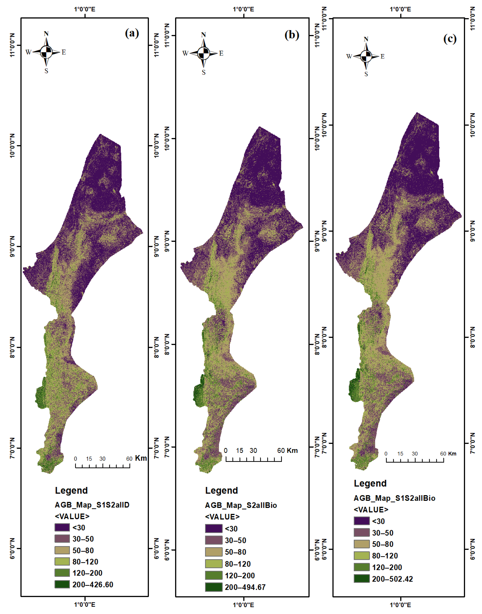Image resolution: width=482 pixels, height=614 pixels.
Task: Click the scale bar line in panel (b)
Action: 253,461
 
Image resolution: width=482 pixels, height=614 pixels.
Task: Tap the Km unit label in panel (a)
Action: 141,458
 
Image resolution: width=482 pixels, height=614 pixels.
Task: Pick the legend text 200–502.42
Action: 392,579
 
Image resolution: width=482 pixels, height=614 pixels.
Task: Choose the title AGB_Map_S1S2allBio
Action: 394,498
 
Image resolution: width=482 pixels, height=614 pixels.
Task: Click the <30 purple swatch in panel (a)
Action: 62,527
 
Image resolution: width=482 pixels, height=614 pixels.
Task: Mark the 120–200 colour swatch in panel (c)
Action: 361,567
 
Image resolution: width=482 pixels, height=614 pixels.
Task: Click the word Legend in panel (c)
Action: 370,483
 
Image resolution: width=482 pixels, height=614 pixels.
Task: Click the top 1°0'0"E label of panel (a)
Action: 85,9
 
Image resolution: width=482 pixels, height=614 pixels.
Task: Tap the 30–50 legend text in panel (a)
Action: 83,539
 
